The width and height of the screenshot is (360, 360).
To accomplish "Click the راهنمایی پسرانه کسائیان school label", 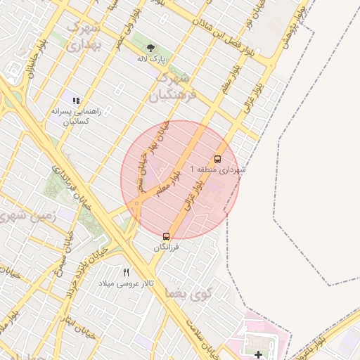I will click(77, 116).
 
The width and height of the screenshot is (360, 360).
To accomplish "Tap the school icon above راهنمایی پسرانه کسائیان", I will click(76, 101).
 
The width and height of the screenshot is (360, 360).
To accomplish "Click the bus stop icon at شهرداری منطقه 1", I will click(217, 159).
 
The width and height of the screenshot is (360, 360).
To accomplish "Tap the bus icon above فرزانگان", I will click(167, 237).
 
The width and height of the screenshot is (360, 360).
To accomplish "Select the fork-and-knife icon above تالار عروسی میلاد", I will click(127, 272).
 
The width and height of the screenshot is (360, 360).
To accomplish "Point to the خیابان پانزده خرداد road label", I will click(77, 287).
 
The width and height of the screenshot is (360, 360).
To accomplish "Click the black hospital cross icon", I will click(258, 354).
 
